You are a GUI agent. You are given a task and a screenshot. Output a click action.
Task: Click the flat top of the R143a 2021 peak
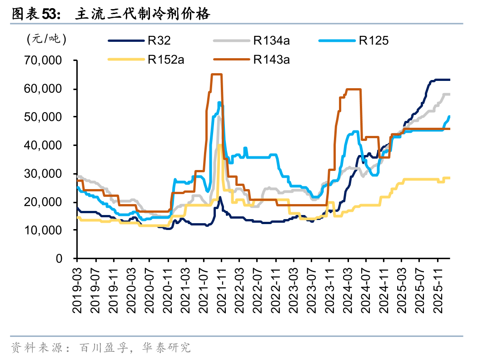(x=216, y=74)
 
